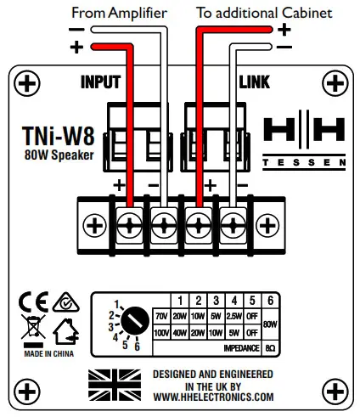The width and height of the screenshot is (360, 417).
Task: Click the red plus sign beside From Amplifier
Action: [78, 48]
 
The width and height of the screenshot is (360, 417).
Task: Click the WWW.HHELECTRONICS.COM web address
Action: [213, 397]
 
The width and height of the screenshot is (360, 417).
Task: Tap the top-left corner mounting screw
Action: [29, 83]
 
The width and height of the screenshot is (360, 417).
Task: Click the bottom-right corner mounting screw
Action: [334, 390]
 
